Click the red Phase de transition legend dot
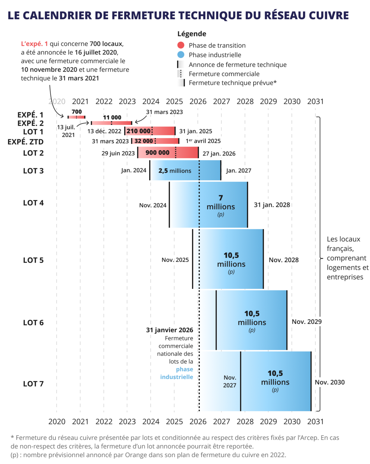click(181, 45)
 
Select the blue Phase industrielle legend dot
click(181, 55)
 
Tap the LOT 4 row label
click(33, 203)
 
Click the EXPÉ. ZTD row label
click(26, 142)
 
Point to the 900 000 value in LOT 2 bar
click(157, 153)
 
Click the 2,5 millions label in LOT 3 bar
click(175, 171)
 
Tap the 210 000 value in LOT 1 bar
click(139, 131)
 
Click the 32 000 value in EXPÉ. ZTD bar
click(144, 141)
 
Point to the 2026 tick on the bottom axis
click(198, 421)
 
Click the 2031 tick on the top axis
click(315, 101)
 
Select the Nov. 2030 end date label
click(330, 382)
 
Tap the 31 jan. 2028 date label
click(272, 205)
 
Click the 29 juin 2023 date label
click(118, 153)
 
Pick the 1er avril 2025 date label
click(203, 141)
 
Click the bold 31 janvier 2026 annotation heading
click(170, 330)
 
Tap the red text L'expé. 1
click(34, 44)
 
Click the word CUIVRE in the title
click(329, 15)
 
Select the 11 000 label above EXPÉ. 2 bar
click(112, 118)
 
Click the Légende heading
click(192, 34)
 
